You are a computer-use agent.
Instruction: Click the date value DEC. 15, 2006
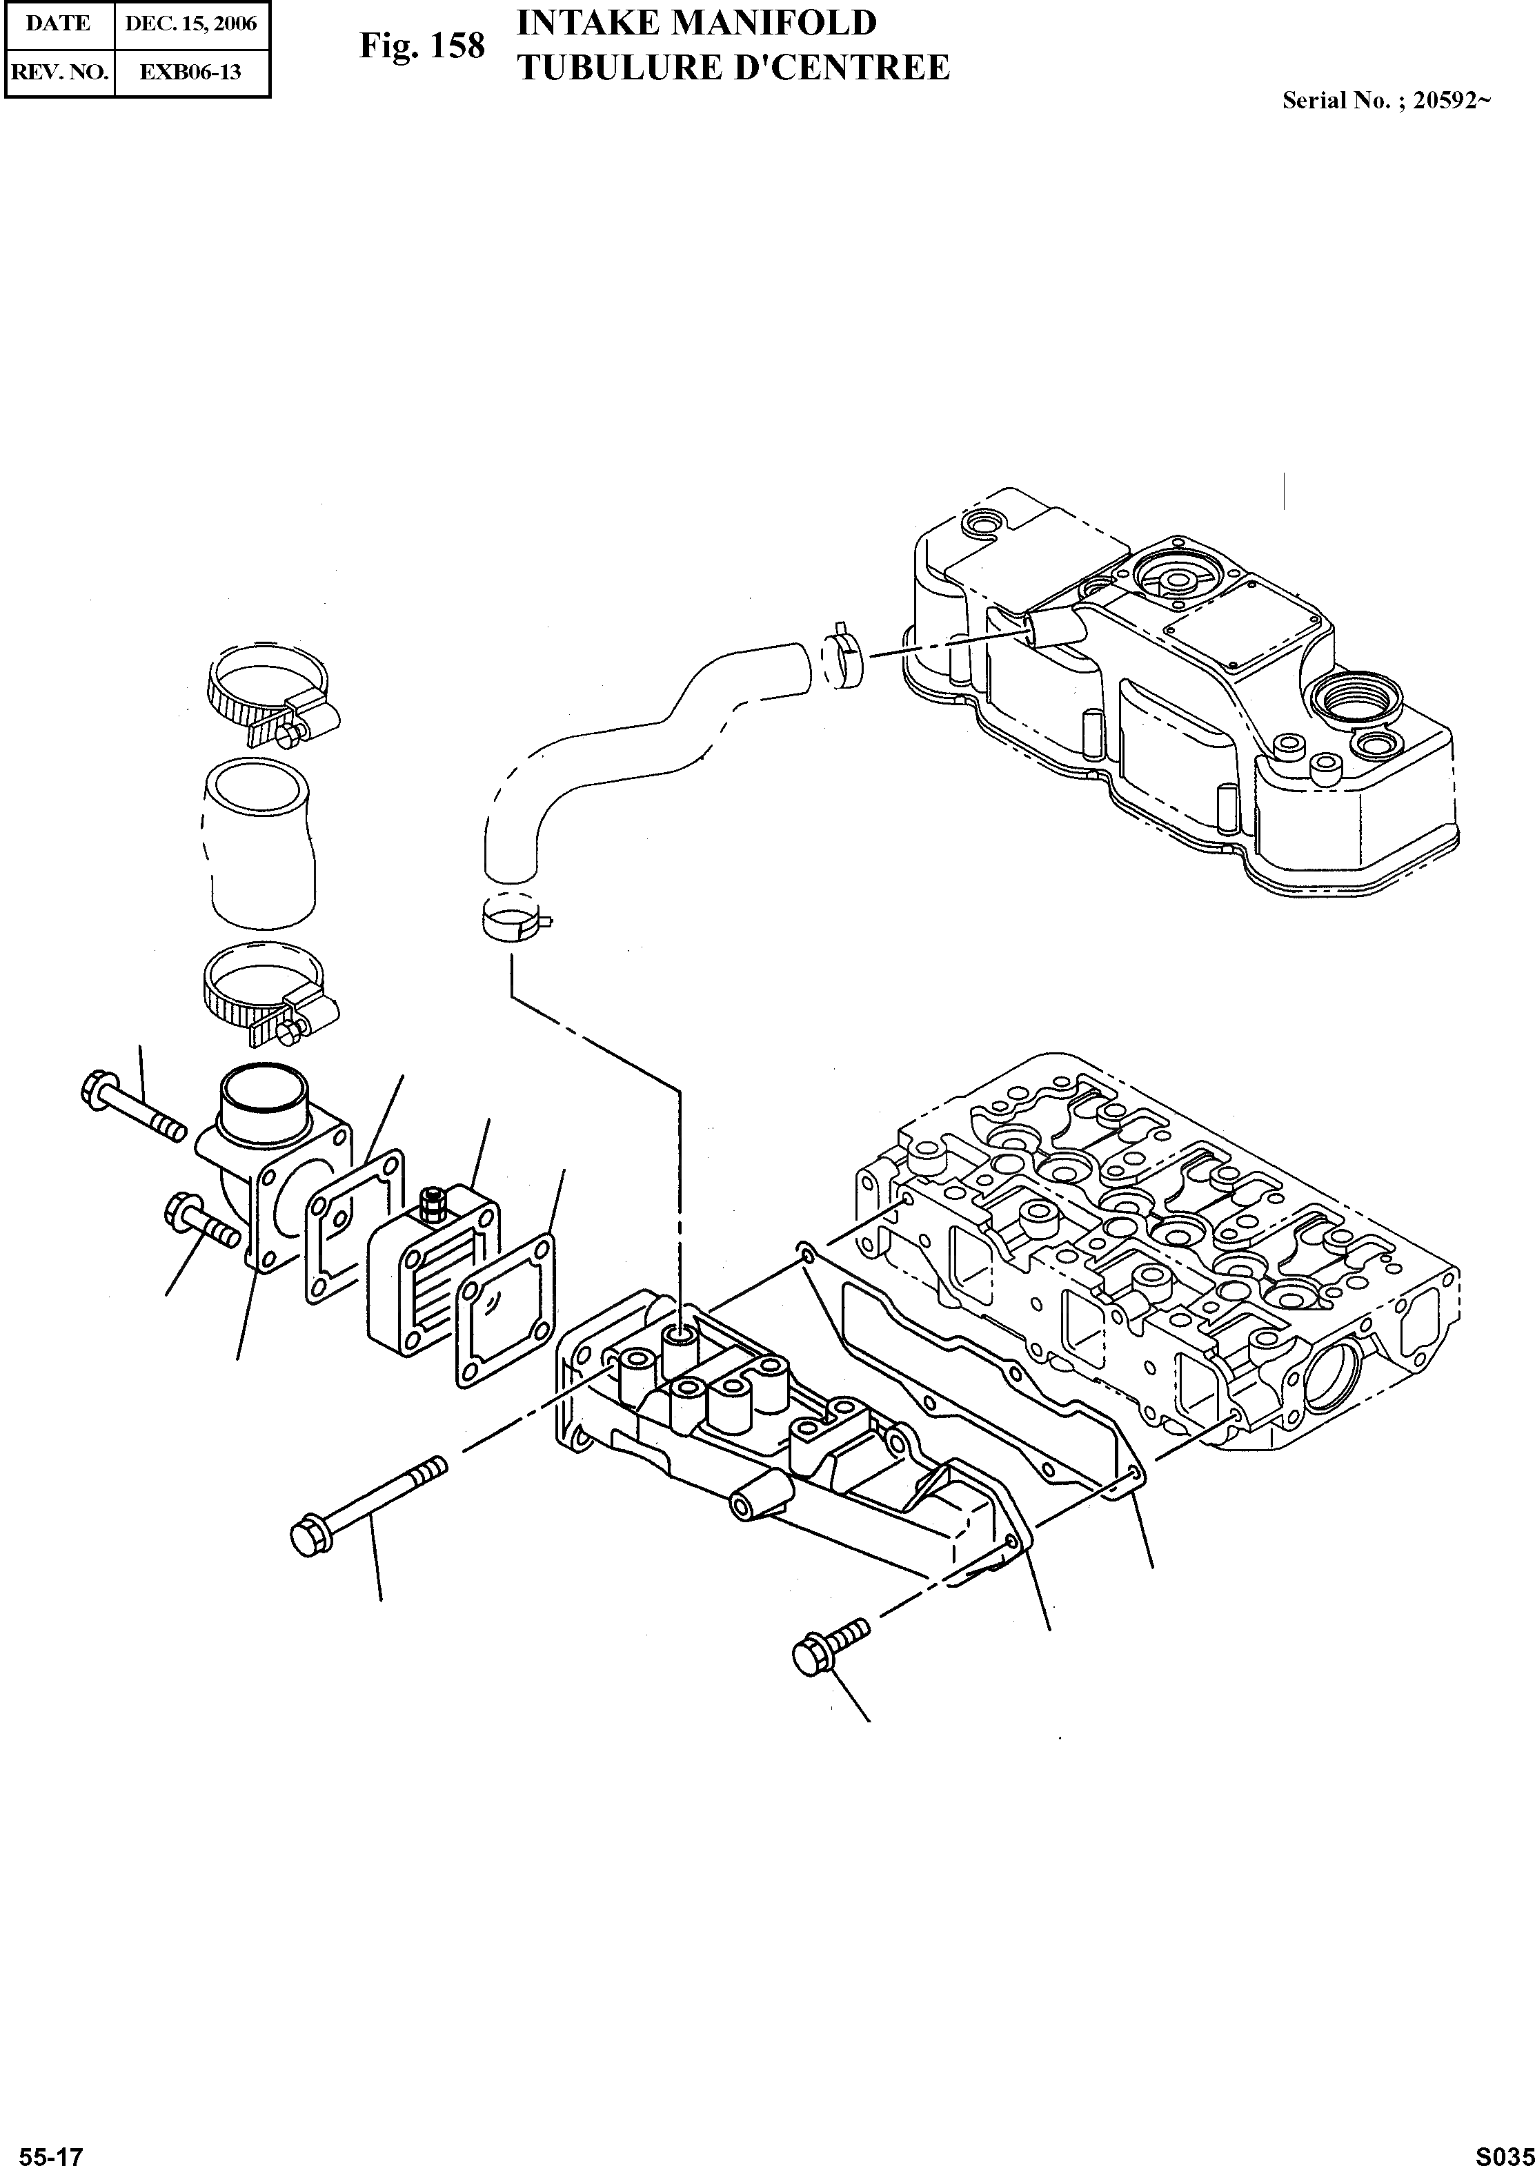pyautogui.click(x=191, y=23)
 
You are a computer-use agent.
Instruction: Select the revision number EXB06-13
pyautogui.click(x=191, y=71)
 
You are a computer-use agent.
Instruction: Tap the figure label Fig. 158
pyautogui.click(x=422, y=46)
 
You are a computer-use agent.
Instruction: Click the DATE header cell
pyautogui.click(x=59, y=23)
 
